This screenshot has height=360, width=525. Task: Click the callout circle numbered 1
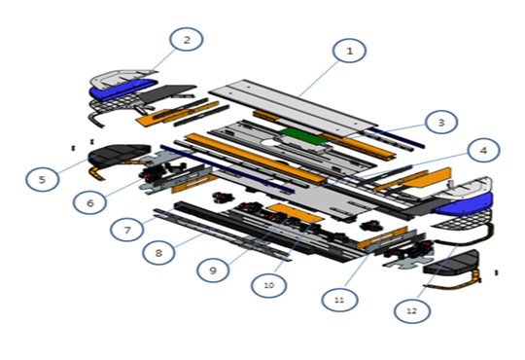click(349, 51)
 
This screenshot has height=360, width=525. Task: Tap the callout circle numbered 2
click(186, 39)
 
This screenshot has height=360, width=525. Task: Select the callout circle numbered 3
click(441, 122)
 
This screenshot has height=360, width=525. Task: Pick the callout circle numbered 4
click(483, 150)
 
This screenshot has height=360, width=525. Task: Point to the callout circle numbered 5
click(42, 179)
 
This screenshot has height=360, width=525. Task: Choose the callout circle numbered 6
click(90, 202)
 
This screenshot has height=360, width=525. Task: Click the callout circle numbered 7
click(127, 230)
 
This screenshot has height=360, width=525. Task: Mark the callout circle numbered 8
click(158, 252)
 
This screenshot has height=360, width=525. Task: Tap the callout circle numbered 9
click(213, 270)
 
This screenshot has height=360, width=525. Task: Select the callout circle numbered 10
click(268, 285)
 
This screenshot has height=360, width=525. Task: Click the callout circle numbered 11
click(339, 300)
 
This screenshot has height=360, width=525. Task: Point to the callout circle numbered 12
click(412, 310)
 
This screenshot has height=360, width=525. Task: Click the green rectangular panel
click(301, 136)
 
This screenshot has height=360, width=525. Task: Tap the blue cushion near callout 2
click(122, 90)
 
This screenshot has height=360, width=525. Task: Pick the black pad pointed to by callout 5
click(118, 155)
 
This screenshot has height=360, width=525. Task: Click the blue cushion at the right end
click(463, 204)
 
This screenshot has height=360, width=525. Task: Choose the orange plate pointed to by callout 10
click(295, 213)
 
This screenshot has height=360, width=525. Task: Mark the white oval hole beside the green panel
click(271, 143)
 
